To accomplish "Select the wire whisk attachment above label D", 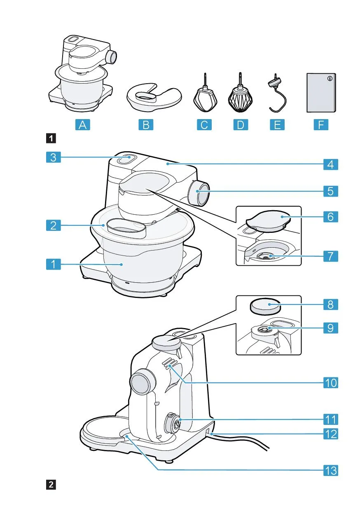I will pos(239,97).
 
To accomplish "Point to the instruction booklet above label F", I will pos(321,92).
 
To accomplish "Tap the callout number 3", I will pos(53,157).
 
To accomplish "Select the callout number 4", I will pos(330,165).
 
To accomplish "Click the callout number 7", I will pos(330,256).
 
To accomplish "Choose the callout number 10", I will pos(330,383).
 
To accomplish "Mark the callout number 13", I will pos(330,470).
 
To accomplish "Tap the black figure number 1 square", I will pos(51,138).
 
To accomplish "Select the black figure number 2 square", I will pos(51,484).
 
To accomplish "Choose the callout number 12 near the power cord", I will pos(330,434).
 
